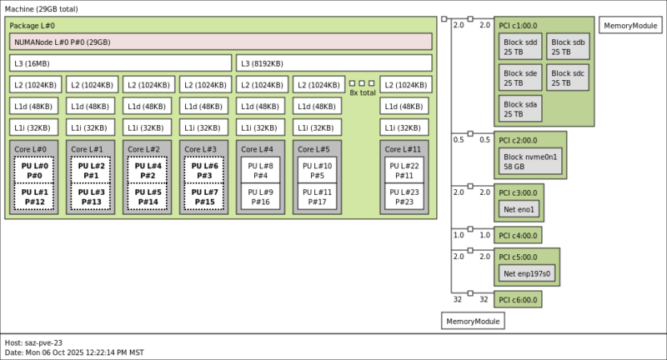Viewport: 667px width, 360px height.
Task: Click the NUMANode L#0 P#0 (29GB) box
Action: (220, 42)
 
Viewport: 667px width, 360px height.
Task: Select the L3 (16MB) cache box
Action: (121, 63)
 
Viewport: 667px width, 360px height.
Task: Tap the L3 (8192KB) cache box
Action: (334, 63)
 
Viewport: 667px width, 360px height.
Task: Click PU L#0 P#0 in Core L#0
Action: (33, 170)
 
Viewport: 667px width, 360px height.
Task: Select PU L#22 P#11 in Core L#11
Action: (404, 170)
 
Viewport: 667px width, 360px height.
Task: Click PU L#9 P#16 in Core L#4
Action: (260, 197)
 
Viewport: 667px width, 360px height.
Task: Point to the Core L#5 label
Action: (313, 149)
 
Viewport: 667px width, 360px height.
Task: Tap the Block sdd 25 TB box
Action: (520, 47)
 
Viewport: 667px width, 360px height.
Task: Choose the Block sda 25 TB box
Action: (520, 107)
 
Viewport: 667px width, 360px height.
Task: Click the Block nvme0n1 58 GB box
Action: (531, 162)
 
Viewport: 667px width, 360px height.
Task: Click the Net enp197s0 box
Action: (527, 272)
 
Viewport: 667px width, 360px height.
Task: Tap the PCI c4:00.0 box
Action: (518, 235)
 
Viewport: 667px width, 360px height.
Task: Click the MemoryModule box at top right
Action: (629, 26)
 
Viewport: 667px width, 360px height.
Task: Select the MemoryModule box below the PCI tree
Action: (473, 321)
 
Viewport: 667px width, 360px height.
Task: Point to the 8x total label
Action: (362, 92)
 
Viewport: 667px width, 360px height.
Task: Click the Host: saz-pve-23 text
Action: (33, 342)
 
